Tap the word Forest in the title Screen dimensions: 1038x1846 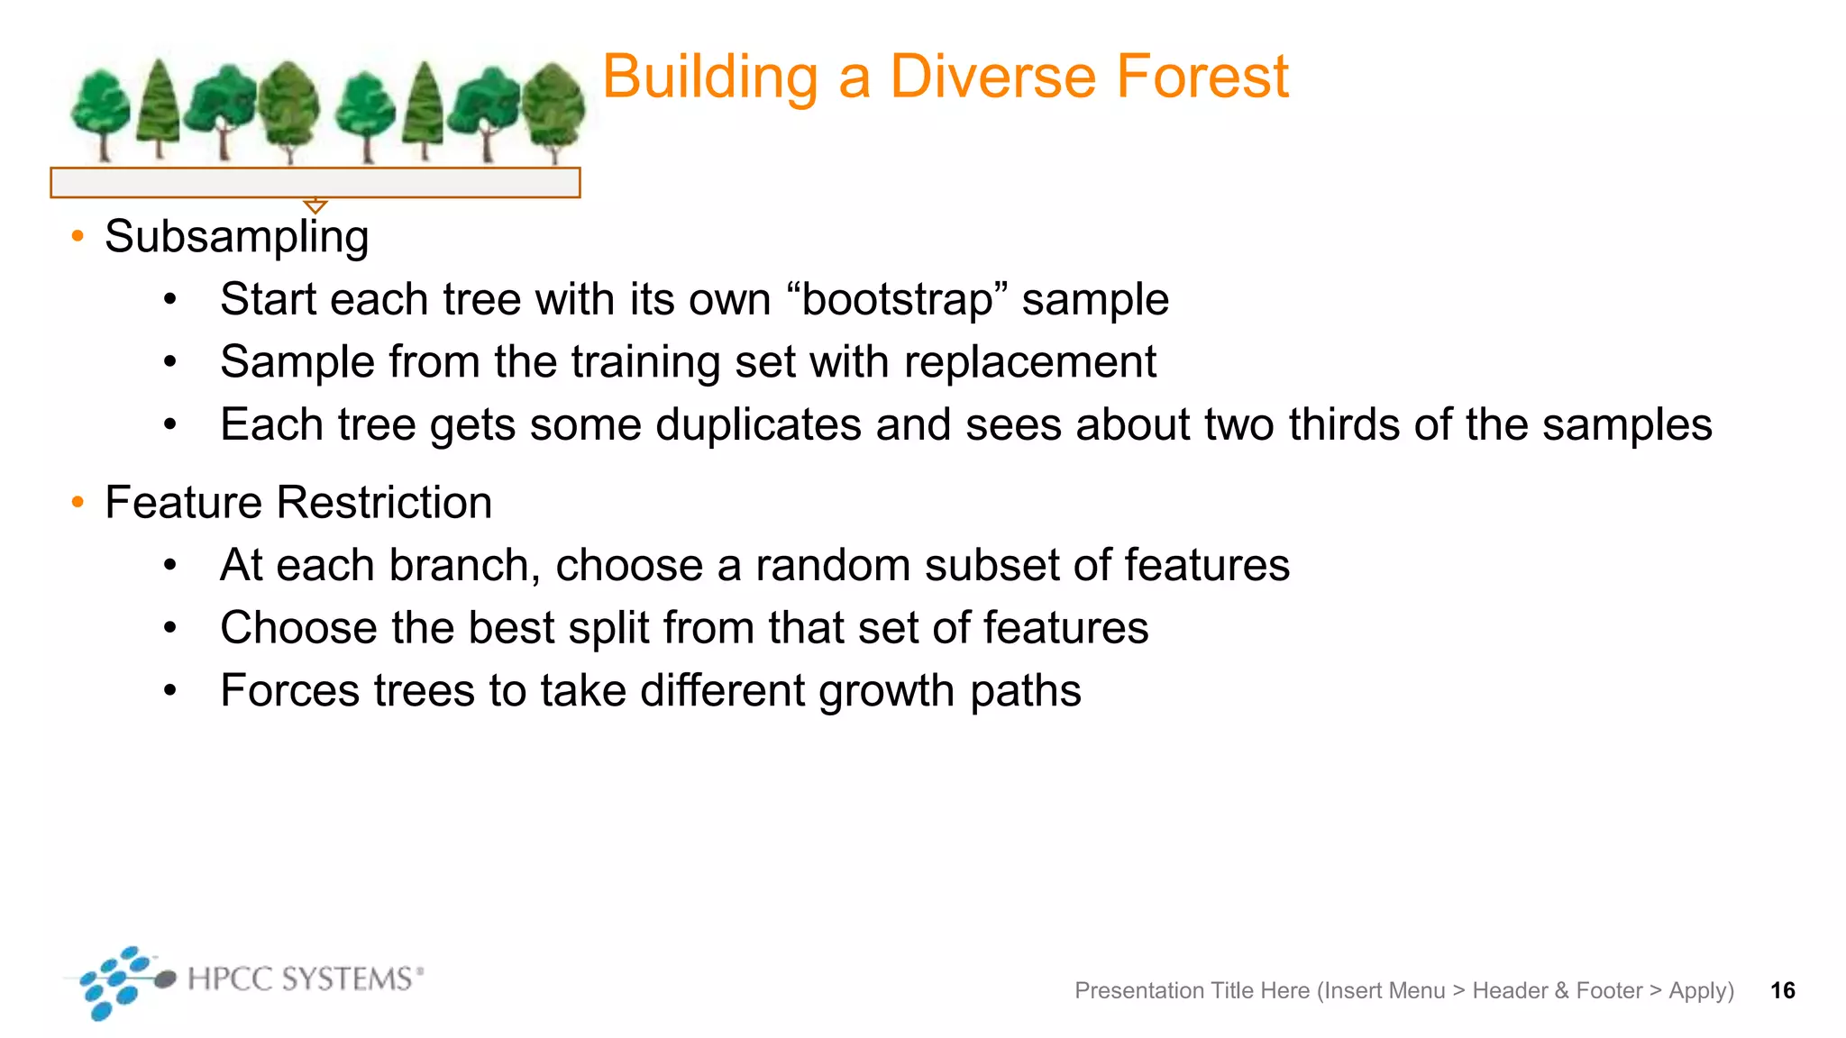(1202, 77)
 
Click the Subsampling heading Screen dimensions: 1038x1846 (236, 237)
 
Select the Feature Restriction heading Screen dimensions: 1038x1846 (298, 502)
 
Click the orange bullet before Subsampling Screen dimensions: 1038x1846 (78, 236)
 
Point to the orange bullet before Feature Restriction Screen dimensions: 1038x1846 (78, 502)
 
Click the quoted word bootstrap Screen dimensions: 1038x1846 (897, 299)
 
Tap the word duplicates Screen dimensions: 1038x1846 (758, 424)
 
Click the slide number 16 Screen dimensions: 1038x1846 (1782, 990)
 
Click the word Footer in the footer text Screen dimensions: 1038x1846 (1609, 990)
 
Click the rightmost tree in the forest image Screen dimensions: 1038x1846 (553, 110)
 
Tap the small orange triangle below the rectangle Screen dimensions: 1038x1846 (315, 205)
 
